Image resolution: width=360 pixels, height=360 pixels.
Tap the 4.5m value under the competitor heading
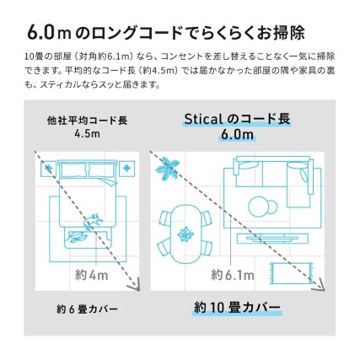pos(87,134)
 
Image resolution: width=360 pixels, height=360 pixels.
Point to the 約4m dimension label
pos(91,274)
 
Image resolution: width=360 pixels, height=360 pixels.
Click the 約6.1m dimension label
pos(229,274)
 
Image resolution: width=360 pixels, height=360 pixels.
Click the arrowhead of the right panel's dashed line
pos(319,286)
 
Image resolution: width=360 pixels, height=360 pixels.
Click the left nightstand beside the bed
pos(49,169)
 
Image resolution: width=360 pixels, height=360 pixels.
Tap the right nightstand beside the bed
pos(127,169)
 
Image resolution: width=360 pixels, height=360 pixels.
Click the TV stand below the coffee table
pos(268,238)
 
